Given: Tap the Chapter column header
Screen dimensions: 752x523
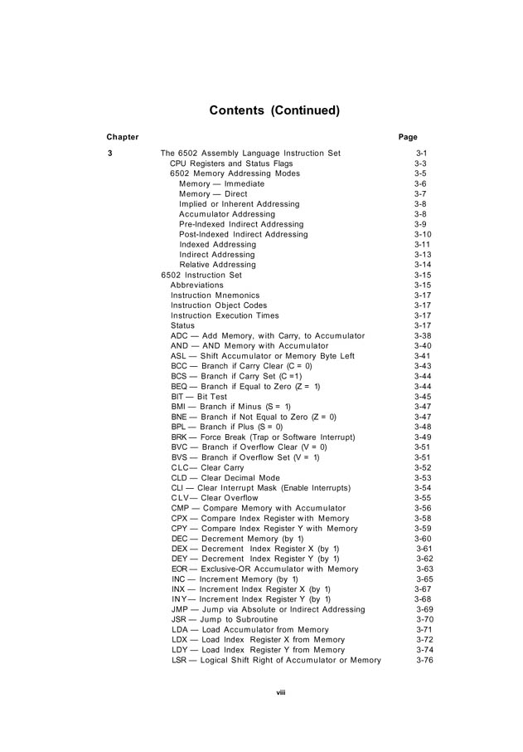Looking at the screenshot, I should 122,137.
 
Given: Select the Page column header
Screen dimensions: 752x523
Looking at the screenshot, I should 408,137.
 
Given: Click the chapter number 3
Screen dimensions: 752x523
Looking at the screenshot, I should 109,154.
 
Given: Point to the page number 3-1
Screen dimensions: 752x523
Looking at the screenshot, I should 421,154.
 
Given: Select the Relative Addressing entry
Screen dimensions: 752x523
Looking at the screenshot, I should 217,265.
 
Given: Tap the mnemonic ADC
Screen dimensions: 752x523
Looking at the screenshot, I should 179,335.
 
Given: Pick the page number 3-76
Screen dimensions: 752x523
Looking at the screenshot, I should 424,660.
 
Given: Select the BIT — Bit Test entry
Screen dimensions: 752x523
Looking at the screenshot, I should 199,397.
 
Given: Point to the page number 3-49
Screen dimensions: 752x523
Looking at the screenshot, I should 423,437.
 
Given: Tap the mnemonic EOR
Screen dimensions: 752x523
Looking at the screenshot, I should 179,569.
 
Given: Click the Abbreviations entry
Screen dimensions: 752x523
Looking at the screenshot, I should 196,285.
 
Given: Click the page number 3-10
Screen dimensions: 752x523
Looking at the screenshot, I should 423,234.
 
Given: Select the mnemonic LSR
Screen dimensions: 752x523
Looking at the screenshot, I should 179,660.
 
